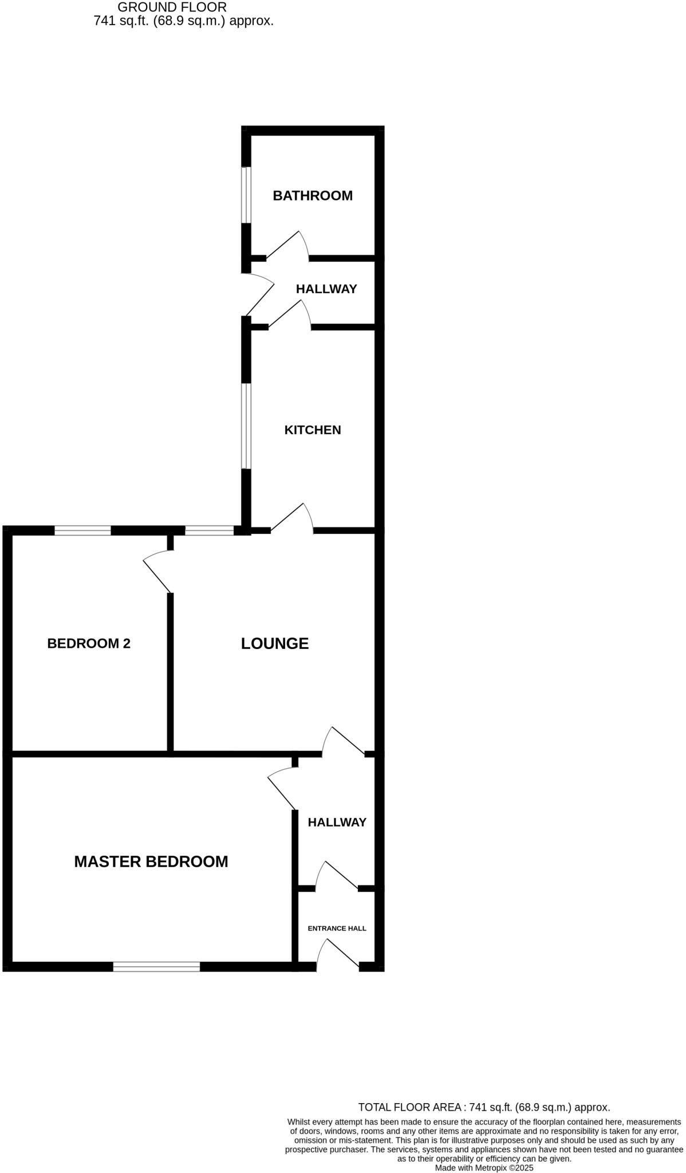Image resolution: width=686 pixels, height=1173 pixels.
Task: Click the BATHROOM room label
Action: click(312, 196)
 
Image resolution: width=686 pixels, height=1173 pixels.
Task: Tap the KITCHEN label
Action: click(312, 430)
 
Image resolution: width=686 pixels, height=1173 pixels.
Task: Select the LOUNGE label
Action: click(274, 643)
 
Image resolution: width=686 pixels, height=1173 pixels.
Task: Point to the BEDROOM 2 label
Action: click(89, 643)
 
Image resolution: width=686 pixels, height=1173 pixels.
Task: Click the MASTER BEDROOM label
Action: click(151, 861)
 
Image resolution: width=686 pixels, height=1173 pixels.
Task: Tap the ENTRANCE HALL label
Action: click(337, 928)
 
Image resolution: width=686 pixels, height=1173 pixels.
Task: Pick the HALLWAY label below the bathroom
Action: click(326, 289)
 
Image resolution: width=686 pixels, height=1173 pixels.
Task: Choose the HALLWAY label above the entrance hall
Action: click(337, 822)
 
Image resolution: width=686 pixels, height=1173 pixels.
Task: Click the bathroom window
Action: click(246, 195)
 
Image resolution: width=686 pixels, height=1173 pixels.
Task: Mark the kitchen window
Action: click(246, 426)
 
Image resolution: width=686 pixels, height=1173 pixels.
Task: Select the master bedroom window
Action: click(156, 967)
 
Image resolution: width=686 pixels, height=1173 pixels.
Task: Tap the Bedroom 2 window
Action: click(82, 530)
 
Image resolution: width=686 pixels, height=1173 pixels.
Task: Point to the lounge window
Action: click(209, 530)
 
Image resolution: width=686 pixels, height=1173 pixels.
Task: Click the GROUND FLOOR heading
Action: click(172, 7)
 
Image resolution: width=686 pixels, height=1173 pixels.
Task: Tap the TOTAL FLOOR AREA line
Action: click(484, 1107)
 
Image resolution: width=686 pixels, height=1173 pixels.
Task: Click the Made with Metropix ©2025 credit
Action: click(484, 1167)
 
